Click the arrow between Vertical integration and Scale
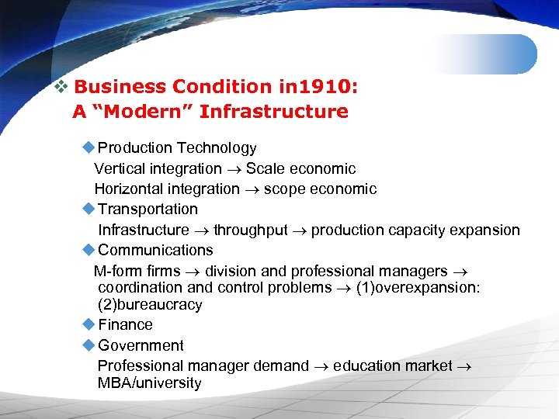click(234, 169)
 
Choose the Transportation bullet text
click(148, 209)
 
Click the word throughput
click(250, 230)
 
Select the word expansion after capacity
click(488, 230)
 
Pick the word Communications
click(155, 250)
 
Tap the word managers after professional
click(415, 272)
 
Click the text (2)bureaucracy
click(150, 304)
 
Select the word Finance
click(125, 324)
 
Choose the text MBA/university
click(149, 383)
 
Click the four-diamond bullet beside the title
click(61, 87)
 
